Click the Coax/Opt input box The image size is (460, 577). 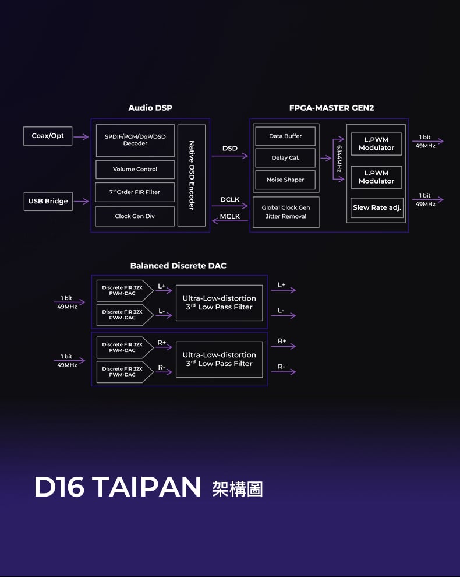[48, 136]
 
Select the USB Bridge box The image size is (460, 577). [48, 201]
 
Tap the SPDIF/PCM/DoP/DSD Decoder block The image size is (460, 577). [135, 140]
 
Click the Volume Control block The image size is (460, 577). [135, 169]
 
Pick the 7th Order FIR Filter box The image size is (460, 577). [135, 192]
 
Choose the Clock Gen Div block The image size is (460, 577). [135, 216]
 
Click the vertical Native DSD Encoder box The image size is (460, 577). [192, 175]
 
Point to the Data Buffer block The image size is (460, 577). [285, 136]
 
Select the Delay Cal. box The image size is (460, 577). [285, 158]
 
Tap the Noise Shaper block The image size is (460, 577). [285, 180]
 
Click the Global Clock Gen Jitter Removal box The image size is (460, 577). [286, 212]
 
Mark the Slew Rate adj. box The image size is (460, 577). [377, 207]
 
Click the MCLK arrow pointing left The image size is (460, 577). [230, 221]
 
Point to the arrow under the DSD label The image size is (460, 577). [230, 156]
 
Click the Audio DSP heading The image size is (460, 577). [150, 108]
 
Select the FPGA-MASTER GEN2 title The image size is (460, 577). [332, 108]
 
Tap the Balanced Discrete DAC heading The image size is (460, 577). [178, 266]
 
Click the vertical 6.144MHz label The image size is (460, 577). [339, 159]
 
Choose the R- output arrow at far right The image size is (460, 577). [284, 372]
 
